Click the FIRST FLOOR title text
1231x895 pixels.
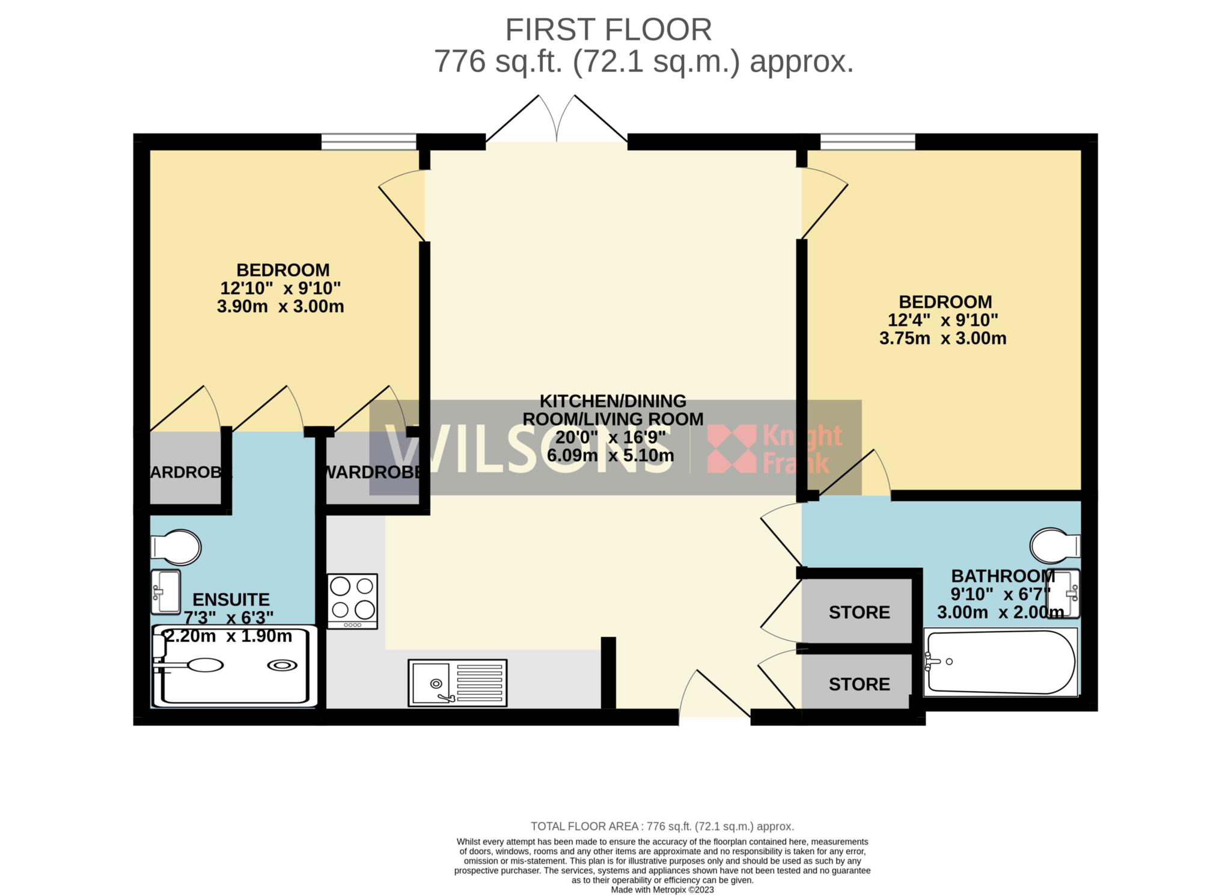coord(608,30)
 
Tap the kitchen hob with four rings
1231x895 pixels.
coord(352,601)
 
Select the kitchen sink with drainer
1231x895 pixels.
coord(457,683)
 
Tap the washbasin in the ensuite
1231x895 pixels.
coord(165,592)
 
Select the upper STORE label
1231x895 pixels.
coord(859,612)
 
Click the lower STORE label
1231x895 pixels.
coord(859,684)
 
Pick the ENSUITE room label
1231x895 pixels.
coord(231,600)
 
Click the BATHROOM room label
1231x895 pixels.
coord(1003,576)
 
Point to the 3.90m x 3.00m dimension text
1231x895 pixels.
coord(280,306)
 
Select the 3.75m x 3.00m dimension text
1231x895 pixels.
coord(942,338)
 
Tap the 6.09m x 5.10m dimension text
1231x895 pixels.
coord(610,455)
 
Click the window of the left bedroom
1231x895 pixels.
coord(368,142)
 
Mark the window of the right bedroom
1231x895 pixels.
coord(867,142)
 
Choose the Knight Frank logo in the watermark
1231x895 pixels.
coord(775,449)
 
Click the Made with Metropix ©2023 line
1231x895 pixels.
coord(662,890)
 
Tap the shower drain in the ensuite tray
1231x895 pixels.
coord(281,665)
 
